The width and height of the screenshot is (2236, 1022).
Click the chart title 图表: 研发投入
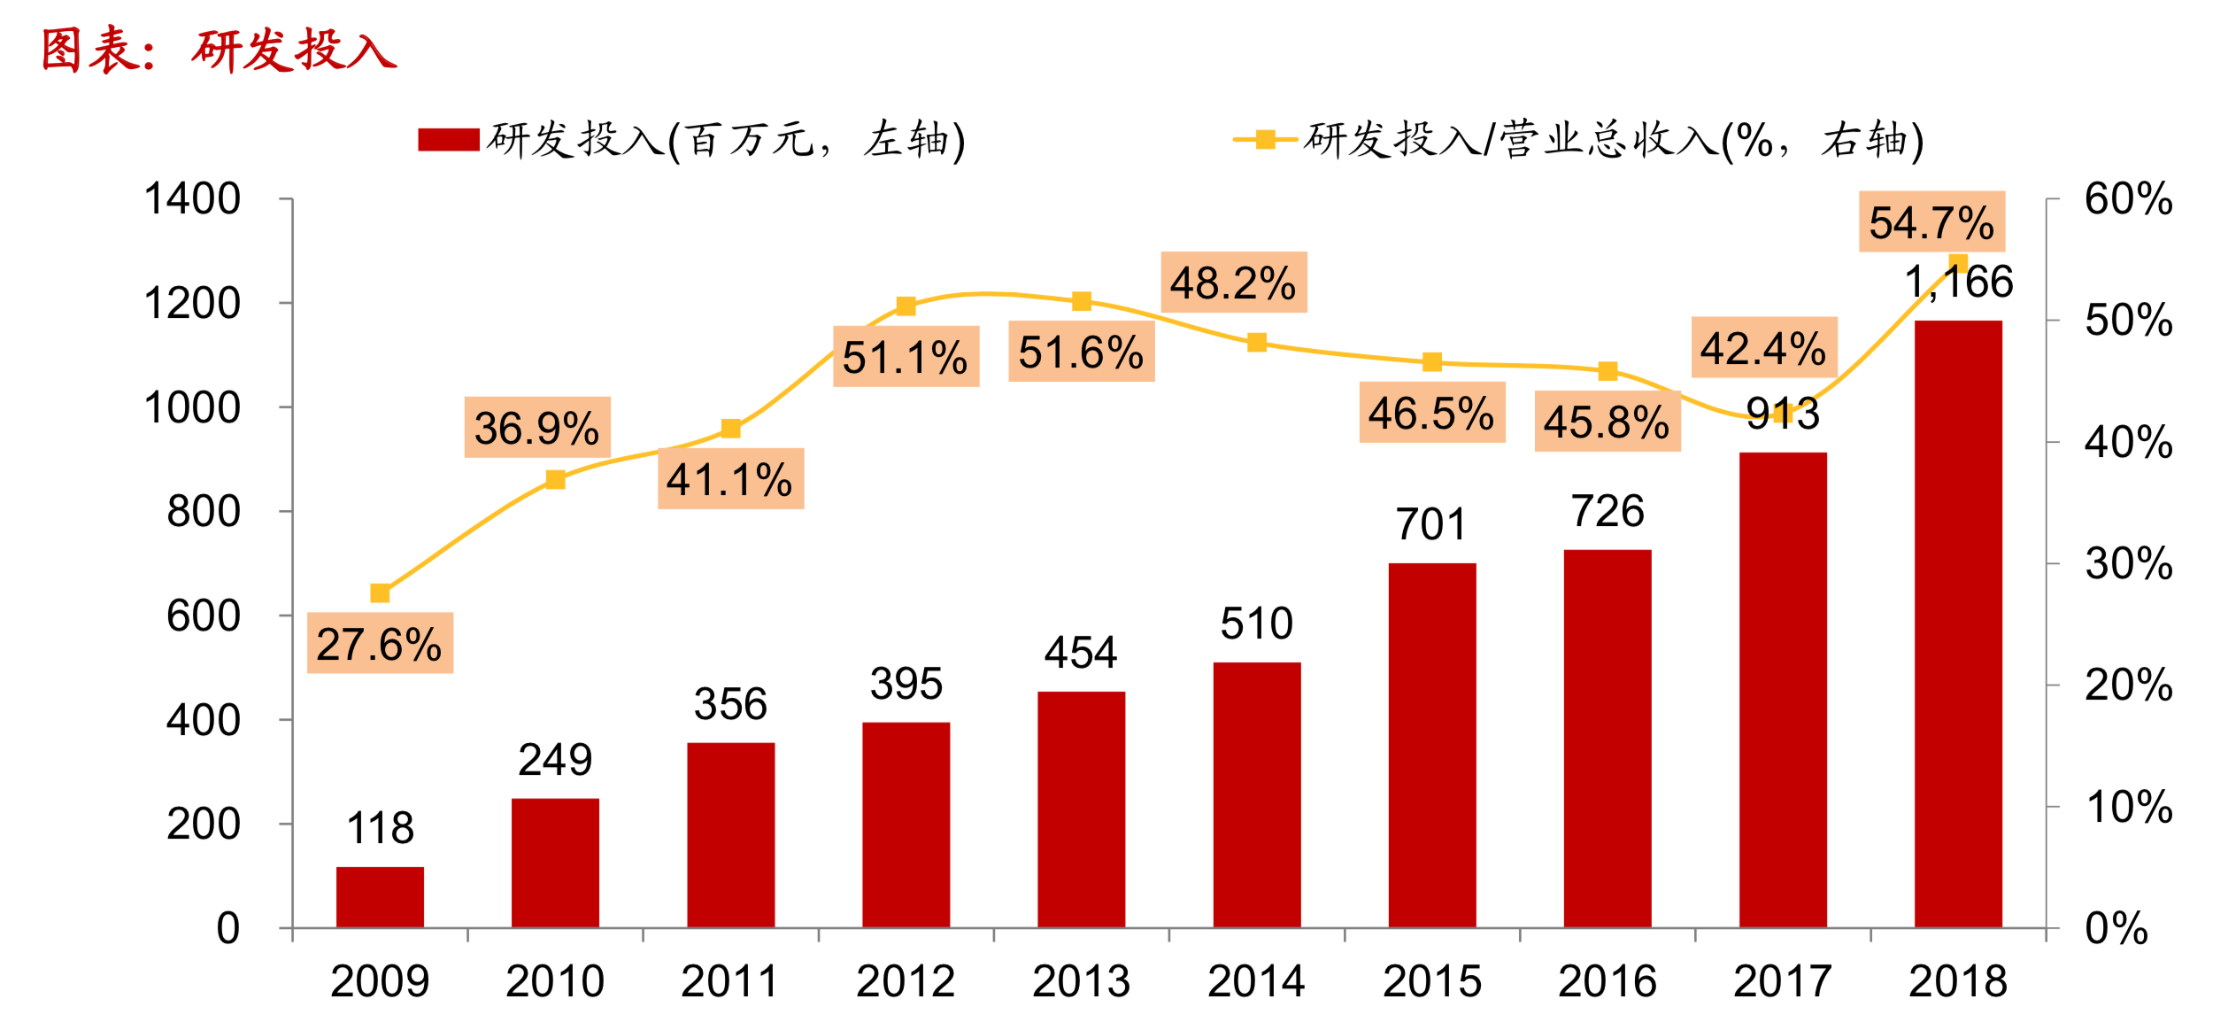click(219, 50)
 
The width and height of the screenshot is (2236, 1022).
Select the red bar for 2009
click(380, 896)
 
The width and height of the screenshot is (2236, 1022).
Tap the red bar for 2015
click(1431, 745)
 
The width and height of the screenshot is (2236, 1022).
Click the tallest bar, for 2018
click(1957, 623)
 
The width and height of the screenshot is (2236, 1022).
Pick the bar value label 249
click(555, 760)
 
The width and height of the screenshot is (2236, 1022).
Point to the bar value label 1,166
click(1958, 283)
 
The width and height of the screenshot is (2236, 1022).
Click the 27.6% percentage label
click(380, 644)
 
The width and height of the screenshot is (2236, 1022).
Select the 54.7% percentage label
click(1931, 222)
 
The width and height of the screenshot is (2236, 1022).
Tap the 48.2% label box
click(1233, 283)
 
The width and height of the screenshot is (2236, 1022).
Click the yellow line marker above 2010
click(555, 480)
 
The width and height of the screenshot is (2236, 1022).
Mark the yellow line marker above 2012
click(906, 306)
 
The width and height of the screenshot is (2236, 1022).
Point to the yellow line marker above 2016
click(1608, 371)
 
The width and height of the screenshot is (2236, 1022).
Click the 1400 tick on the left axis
click(192, 199)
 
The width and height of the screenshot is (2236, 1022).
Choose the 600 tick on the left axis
click(203, 616)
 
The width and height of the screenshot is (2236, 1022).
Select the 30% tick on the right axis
click(2128, 564)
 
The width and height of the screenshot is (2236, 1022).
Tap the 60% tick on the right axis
click(2128, 199)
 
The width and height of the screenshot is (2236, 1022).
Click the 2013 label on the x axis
click(1081, 981)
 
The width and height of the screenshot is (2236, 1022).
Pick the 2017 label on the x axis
click(1782, 981)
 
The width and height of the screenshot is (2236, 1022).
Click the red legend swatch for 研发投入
click(449, 140)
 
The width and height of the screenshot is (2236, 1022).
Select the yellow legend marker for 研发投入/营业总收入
click(1266, 140)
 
